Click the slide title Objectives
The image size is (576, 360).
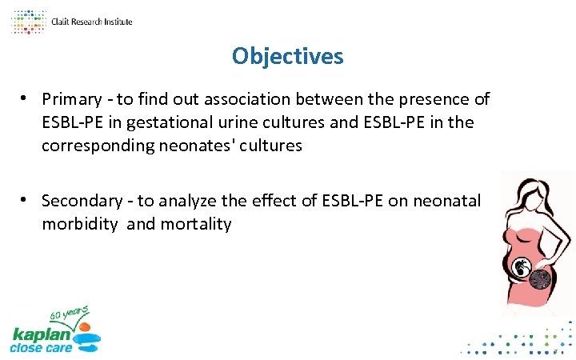[287, 56]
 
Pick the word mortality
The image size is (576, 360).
[195, 224]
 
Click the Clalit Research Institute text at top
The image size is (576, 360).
[91, 22]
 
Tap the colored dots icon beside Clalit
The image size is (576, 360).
[28, 22]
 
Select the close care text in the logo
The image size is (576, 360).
[41, 348]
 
